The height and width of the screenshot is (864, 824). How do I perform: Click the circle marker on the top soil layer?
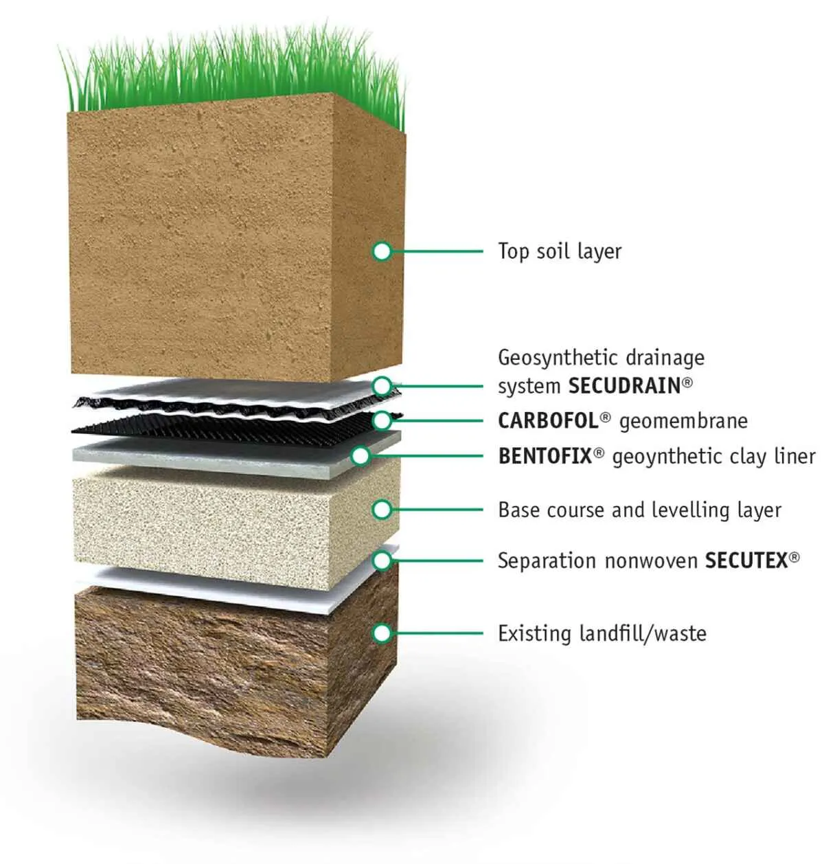click(382, 251)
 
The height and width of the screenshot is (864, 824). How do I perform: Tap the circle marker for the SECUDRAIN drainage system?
click(382, 386)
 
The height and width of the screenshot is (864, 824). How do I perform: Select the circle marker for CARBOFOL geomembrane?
click(382, 421)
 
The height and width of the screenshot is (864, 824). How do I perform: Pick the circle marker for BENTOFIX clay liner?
click(360, 456)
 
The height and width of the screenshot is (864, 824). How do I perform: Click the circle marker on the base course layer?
click(382, 510)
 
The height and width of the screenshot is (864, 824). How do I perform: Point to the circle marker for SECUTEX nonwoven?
click(382, 560)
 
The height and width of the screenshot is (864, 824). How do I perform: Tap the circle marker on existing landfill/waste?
click(382, 633)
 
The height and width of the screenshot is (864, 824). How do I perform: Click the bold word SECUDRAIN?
click(624, 386)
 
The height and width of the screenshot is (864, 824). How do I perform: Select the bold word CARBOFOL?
click(548, 421)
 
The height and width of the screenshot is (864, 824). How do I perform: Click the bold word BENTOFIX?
click(545, 456)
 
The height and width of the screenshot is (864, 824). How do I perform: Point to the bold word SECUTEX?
click(746, 560)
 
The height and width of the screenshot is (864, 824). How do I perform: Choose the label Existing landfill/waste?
click(602, 634)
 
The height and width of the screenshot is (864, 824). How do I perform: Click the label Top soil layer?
click(560, 252)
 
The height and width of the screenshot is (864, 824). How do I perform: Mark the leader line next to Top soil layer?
click(437, 251)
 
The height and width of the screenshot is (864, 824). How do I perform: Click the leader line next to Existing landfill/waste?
click(437, 633)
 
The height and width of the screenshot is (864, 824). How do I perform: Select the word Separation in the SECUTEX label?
click(547, 562)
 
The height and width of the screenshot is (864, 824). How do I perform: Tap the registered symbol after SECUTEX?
click(794, 557)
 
